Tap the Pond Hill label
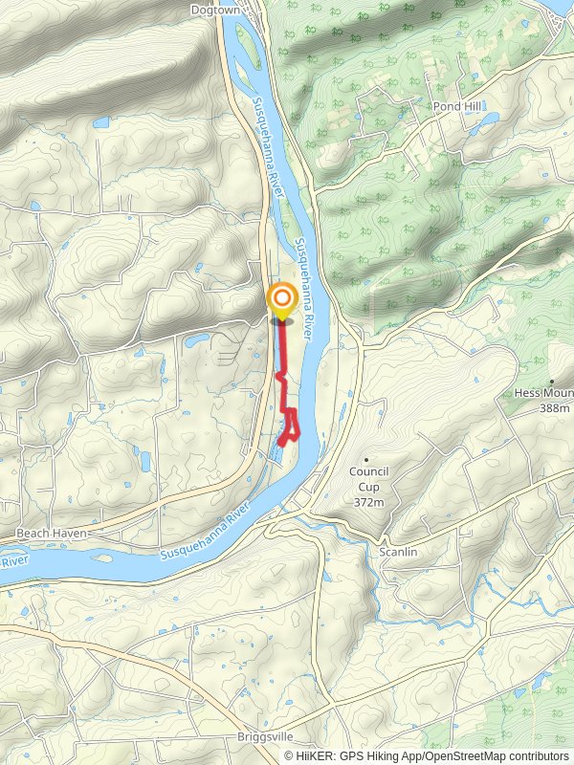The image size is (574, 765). pos(454,106)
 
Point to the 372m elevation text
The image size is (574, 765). pos(367,502)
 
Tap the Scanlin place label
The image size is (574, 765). pos(399,554)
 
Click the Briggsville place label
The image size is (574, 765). pos(266,737)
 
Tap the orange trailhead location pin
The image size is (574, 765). pos(281,302)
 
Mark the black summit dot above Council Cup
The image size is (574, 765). pos(366,460)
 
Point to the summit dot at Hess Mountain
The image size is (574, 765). pos(552,380)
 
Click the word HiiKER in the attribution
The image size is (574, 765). pos(314,755)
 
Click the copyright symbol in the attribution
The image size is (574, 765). pos(290,755)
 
